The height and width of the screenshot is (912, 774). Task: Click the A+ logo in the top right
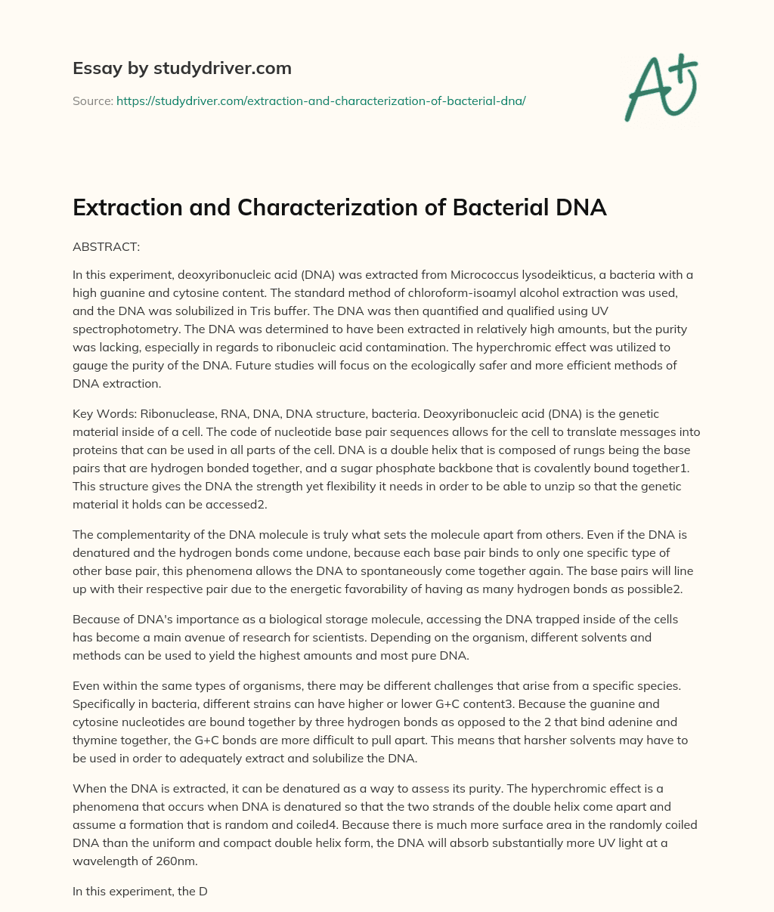[x=660, y=88]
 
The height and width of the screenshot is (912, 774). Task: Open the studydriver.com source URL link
[x=320, y=100]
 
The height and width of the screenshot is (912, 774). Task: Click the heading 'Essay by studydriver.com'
[x=181, y=68]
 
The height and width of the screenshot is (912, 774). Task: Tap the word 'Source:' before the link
[x=92, y=100]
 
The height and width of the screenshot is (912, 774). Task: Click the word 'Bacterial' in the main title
[x=495, y=207]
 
